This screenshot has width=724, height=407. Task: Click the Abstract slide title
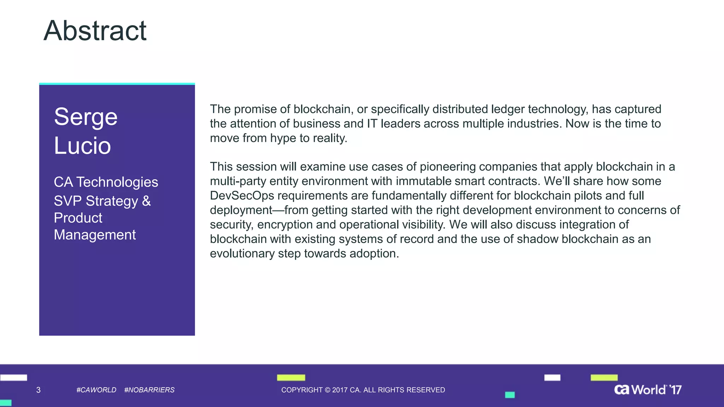[x=95, y=31]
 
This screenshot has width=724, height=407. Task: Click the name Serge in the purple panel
[x=86, y=117]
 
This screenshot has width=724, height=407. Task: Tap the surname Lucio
[x=82, y=146]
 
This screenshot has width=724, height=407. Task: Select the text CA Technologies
[x=106, y=182]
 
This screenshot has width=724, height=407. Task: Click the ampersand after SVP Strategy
[x=146, y=201]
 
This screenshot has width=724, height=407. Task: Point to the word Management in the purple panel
[x=95, y=235]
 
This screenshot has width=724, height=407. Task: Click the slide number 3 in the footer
[x=39, y=390]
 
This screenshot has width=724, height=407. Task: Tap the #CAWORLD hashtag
[x=96, y=390]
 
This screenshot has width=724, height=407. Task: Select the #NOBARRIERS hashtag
[x=149, y=390]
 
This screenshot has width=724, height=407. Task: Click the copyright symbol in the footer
[x=327, y=390]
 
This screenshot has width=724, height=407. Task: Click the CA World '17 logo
[x=648, y=390]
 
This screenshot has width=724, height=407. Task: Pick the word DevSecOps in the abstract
[x=242, y=196]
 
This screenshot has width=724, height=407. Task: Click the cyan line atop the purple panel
[x=117, y=84]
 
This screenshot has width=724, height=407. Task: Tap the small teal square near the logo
[x=510, y=395]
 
